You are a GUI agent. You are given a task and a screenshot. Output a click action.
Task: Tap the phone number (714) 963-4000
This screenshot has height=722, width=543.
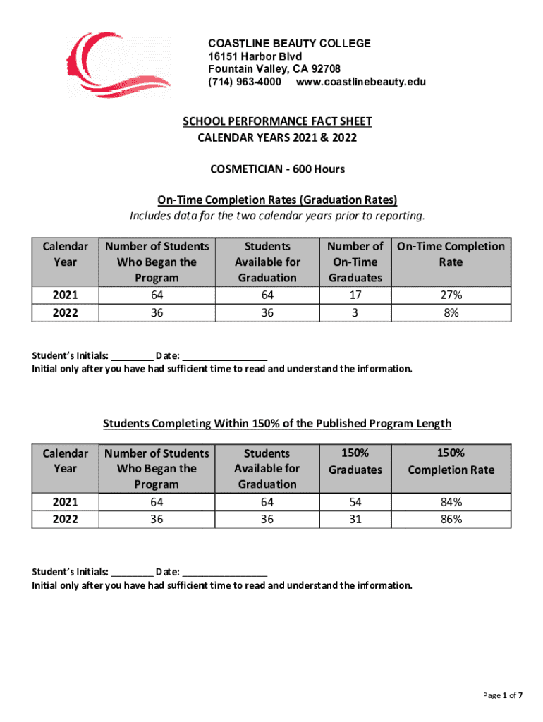245,82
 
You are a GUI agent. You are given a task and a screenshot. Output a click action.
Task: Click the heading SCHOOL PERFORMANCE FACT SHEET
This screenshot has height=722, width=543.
277,121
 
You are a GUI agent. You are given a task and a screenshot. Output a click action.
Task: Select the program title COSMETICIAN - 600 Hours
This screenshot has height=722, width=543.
277,169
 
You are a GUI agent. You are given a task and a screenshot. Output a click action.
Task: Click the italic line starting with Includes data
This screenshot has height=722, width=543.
277,214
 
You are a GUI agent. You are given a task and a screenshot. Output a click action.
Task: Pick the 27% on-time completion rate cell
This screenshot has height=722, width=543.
451,295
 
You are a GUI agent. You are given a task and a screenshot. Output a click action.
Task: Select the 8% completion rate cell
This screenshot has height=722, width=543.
451,312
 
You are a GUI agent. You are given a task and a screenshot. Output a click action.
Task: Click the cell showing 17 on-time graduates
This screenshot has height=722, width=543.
355,295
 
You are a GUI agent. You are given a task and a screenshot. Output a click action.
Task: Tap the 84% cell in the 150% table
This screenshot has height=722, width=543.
451,502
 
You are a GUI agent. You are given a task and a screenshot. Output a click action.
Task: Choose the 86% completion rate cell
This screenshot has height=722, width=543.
451,519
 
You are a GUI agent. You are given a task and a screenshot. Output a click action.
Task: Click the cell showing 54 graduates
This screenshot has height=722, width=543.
355,502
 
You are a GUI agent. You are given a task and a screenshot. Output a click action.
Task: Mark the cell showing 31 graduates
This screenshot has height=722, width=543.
355,519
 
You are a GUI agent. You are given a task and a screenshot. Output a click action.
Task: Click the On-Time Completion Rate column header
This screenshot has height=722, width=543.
451,254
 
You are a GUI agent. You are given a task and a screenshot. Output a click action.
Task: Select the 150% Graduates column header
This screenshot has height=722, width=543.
355,461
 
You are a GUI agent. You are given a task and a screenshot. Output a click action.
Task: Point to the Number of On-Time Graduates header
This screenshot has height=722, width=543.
355,262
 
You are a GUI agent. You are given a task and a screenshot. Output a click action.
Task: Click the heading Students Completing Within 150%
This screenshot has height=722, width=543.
277,423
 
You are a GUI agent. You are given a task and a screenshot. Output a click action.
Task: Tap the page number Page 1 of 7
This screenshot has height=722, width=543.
503,695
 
